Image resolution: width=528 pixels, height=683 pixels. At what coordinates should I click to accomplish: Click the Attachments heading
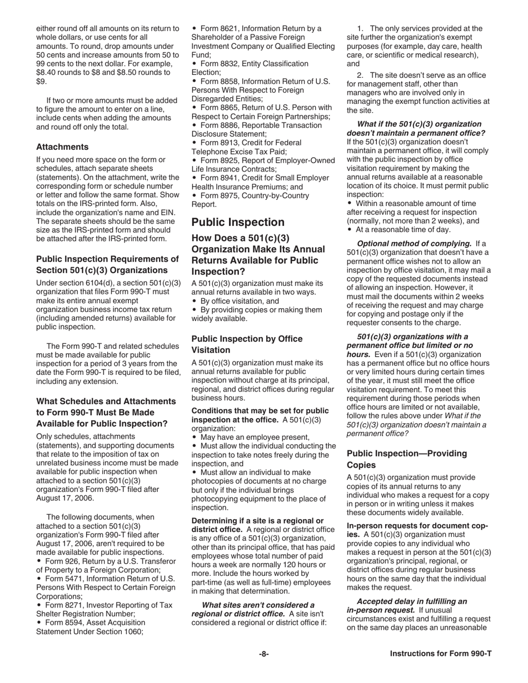click(62, 147)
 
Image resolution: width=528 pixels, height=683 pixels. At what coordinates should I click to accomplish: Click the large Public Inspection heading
click(238, 222)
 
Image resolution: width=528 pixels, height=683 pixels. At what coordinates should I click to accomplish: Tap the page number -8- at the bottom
click(264, 654)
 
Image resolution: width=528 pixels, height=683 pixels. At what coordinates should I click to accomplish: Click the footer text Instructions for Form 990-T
click(440, 654)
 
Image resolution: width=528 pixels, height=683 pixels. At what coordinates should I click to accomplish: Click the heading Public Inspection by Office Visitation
click(247, 344)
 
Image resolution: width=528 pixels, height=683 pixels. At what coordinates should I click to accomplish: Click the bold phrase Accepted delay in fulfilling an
click(411, 601)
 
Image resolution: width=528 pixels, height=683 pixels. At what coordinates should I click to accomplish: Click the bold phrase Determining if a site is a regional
click(257, 520)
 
